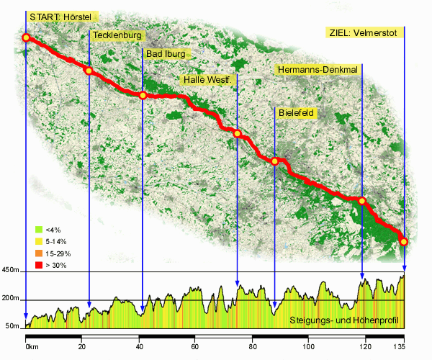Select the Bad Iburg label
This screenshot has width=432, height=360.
(x=166, y=54)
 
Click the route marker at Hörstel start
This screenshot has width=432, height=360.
(x=26, y=37)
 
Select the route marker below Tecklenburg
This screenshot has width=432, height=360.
(x=89, y=71)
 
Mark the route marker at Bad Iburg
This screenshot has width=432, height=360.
(x=143, y=95)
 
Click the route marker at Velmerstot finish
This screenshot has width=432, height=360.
(x=404, y=242)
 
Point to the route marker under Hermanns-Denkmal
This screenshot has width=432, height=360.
(x=362, y=201)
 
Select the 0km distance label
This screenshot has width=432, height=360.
(x=32, y=347)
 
